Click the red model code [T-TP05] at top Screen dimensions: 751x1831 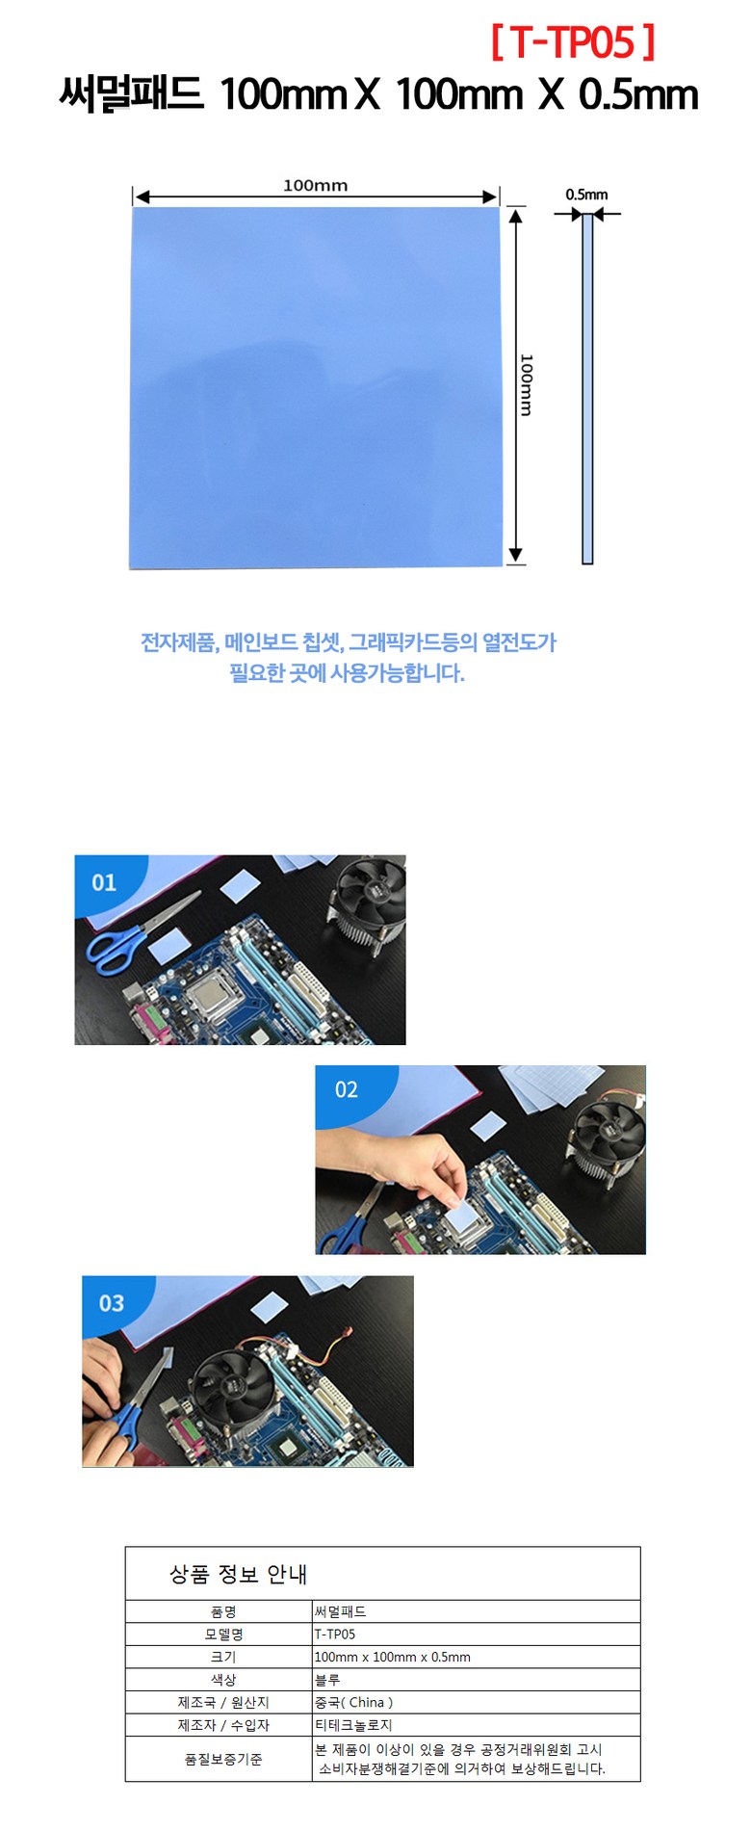[573, 42]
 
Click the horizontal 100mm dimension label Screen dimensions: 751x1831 [315, 185]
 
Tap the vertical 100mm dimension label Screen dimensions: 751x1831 [526, 384]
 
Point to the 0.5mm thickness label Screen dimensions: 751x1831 [586, 195]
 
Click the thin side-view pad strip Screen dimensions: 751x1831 [587, 388]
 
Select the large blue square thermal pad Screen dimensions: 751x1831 [316, 387]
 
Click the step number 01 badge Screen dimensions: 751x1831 [104, 882]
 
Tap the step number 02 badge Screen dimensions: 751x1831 [346, 1089]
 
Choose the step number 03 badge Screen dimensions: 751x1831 [112, 1303]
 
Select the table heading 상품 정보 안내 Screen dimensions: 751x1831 [238, 1574]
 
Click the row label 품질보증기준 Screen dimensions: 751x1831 [223, 1760]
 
